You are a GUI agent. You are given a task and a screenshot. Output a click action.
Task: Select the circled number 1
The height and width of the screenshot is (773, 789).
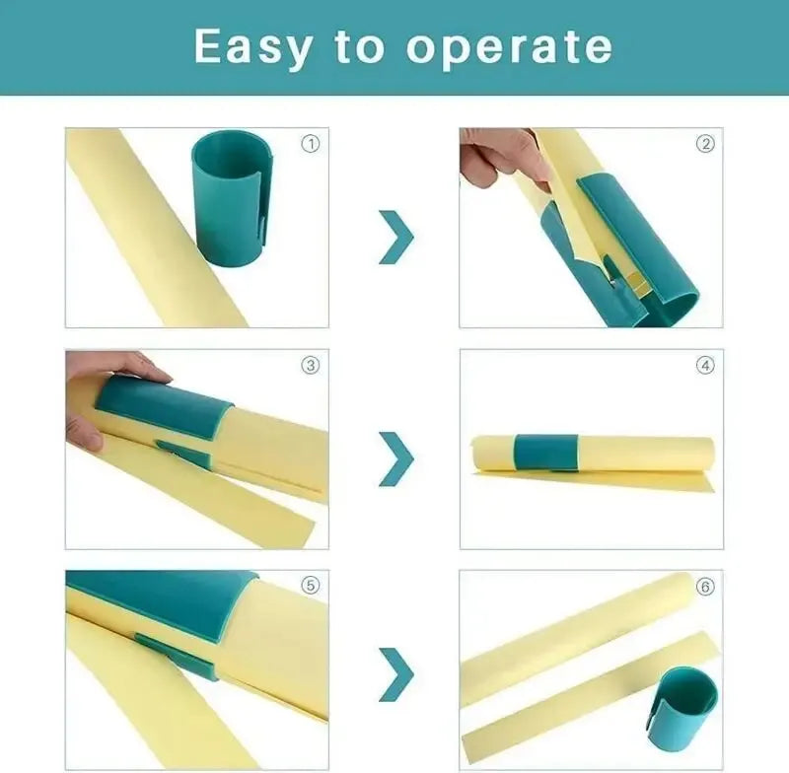click(311, 144)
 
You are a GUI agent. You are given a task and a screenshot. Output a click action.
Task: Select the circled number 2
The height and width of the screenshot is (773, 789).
click(705, 144)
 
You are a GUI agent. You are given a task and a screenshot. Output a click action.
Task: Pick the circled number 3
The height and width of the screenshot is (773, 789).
click(311, 366)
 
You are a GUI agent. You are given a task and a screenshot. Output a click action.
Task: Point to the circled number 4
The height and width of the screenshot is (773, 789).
click(705, 366)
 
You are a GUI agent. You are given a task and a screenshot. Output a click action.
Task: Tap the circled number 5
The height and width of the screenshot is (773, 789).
click(311, 586)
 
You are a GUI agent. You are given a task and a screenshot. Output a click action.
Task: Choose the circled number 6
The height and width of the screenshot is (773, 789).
click(705, 587)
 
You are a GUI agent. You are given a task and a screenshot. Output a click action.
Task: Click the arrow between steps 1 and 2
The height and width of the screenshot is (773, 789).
click(395, 237)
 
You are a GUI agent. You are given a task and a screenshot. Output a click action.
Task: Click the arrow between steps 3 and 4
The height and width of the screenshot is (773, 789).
click(395, 457)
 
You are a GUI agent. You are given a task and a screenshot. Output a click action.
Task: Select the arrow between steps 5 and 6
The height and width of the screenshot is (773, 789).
click(395, 674)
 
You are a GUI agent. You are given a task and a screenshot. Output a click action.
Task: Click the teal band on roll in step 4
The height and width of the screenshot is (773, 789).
click(545, 451)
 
